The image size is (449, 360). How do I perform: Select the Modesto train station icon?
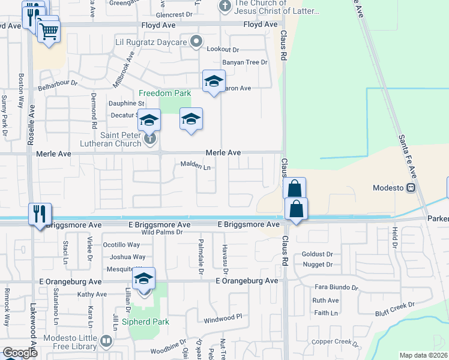click(411, 187)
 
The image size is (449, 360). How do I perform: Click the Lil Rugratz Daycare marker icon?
click(196, 41)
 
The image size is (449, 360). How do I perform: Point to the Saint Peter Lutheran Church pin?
click(150, 139)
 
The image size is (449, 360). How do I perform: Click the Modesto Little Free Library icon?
click(106, 341)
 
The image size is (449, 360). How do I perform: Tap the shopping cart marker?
click(49, 31)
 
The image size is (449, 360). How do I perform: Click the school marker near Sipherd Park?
click(144, 280)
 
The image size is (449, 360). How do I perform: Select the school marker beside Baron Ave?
click(213, 83)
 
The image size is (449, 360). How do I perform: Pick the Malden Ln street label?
click(195, 166)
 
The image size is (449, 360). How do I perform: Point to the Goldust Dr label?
click(317, 254)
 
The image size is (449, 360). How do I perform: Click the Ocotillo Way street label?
click(121, 245)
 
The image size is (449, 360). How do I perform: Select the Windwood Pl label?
click(222, 317)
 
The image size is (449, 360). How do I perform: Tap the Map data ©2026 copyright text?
click(423, 355)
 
